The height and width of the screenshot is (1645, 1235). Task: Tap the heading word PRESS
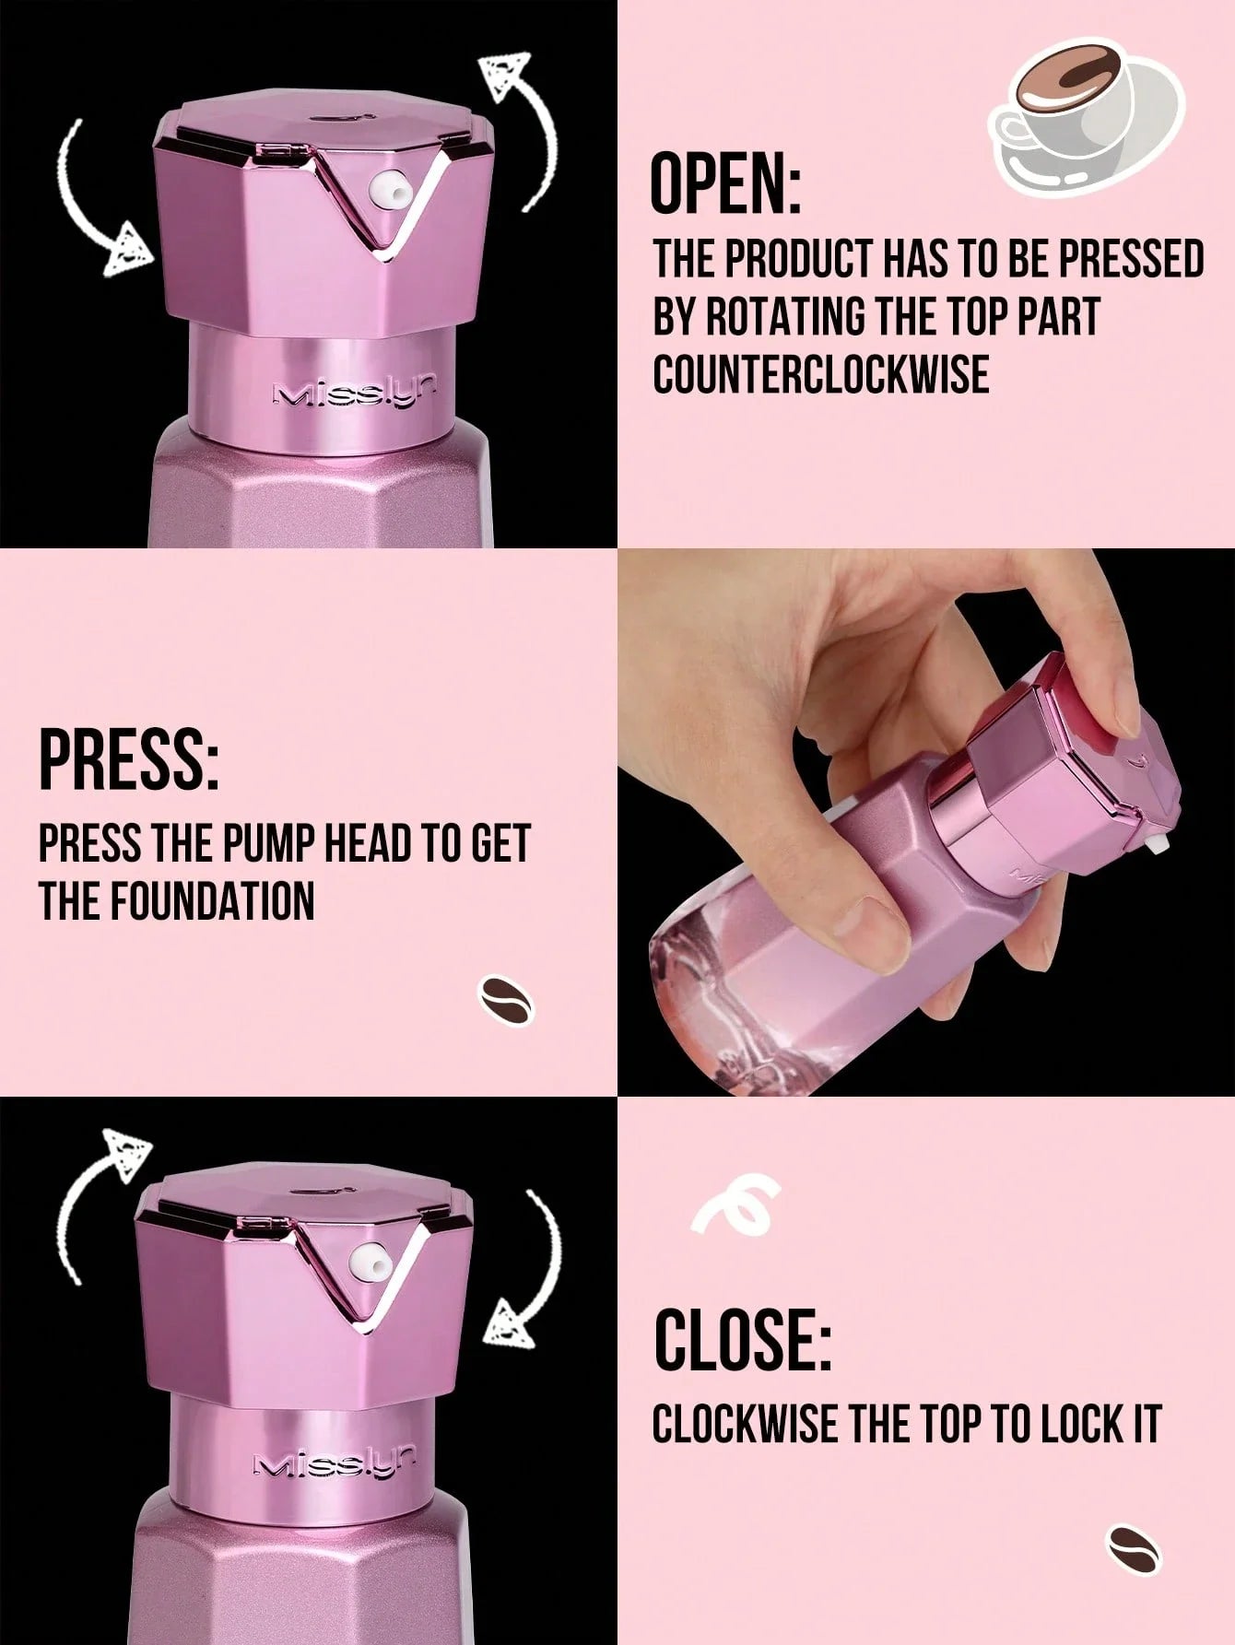tap(128, 758)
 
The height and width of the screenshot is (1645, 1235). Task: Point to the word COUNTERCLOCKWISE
tap(821, 375)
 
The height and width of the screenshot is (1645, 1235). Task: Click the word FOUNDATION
tap(213, 900)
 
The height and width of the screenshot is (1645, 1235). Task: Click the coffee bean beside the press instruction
tap(506, 999)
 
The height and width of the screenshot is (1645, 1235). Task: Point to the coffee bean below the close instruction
tap(1134, 1546)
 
